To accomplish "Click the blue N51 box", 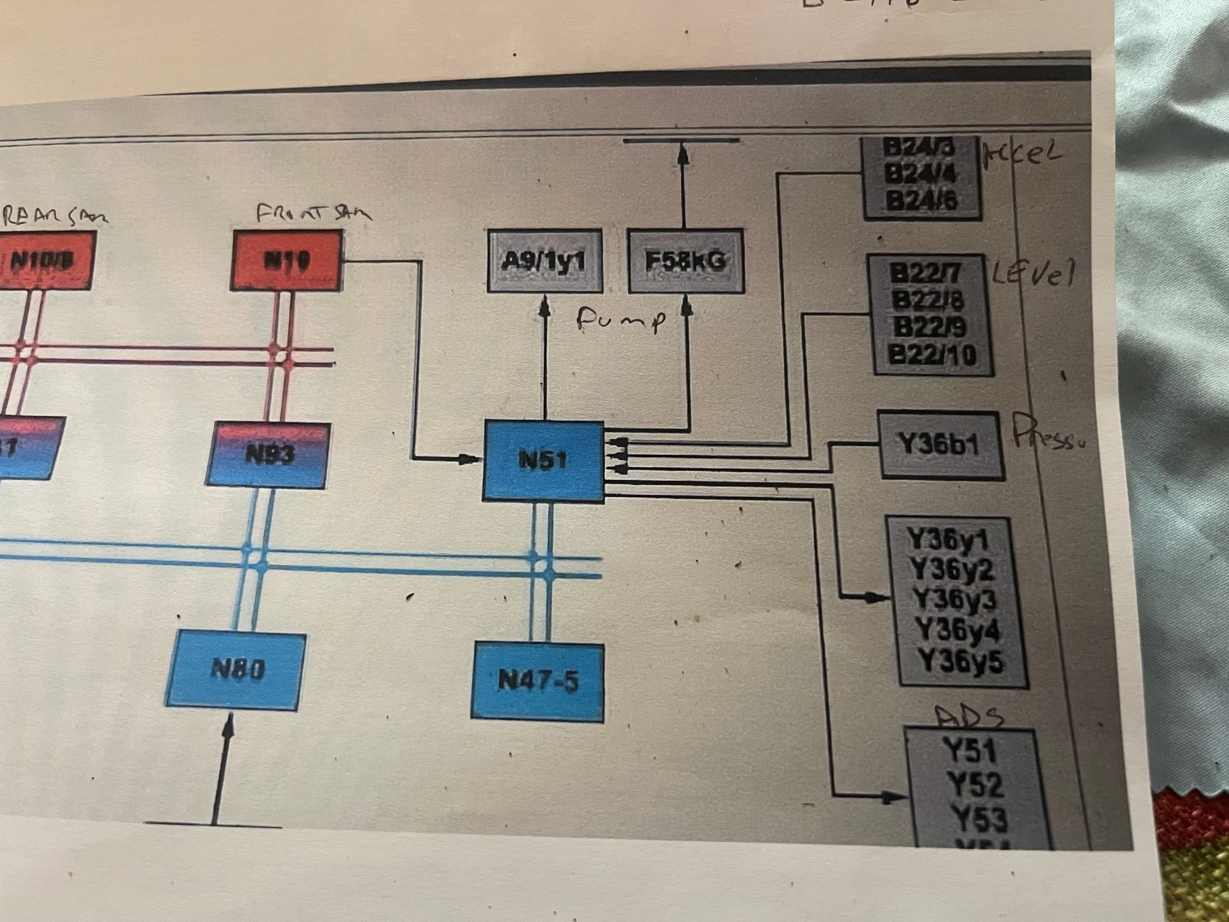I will pos(544,461).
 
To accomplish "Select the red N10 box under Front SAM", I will pos(286,261).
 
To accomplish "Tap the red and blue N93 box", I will pos(268,455).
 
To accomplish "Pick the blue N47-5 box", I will pos(538,681).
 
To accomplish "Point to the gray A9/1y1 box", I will pos(544,261).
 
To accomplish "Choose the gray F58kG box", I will pos(685,261).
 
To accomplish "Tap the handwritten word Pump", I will pos(621,320).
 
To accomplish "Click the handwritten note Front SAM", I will pos(313,214).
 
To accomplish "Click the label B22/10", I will pos(932,355).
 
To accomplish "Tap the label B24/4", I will pos(920,174).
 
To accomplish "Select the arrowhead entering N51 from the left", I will pos(470,459).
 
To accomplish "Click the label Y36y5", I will pos(961,661).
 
